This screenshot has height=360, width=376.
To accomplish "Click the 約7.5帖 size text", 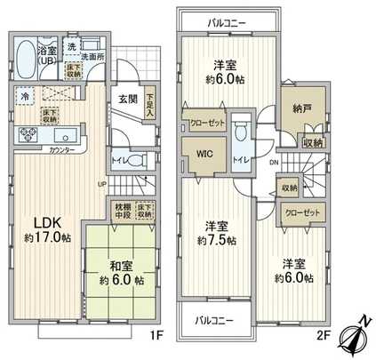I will tap(216, 240).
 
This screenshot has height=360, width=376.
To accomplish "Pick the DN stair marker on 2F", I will tap(273, 163).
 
